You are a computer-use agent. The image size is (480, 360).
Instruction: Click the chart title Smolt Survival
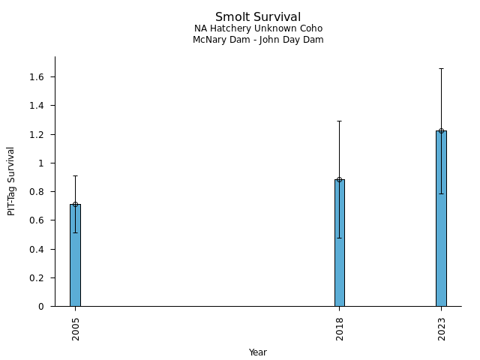pyautogui.click(x=258, y=17)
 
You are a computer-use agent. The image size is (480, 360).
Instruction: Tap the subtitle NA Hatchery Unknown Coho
pyautogui.click(x=258, y=29)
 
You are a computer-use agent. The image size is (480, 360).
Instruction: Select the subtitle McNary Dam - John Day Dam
pyautogui.click(x=258, y=40)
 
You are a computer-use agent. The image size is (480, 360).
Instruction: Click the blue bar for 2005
pyautogui.click(x=75, y=255)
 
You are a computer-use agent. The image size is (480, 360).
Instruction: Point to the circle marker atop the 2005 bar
pyautogui.click(x=75, y=204)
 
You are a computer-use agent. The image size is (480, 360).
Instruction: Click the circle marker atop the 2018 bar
pyautogui.click(x=340, y=180)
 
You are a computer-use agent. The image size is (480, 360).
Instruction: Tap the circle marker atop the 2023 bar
pyautogui.click(x=441, y=131)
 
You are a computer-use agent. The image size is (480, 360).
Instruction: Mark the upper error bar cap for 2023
pyautogui.click(x=441, y=68)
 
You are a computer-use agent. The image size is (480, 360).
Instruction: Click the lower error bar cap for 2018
pyautogui.click(x=340, y=238)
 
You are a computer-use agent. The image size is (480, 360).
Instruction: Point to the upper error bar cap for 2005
pyautogui.click(x=75, y=175)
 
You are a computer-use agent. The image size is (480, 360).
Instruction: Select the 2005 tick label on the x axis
pyautogui.click(x=76, y=328)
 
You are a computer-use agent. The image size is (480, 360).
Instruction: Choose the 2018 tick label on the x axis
pyautogui.click(x=340, y=328)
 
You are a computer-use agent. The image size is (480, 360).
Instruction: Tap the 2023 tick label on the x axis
pyautogui.click(x=442, y=328)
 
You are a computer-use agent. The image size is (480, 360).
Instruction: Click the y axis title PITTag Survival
pyautogui.click(x=11, y=181)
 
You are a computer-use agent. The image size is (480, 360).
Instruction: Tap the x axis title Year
pyautogui.click(x=258, y=352)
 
